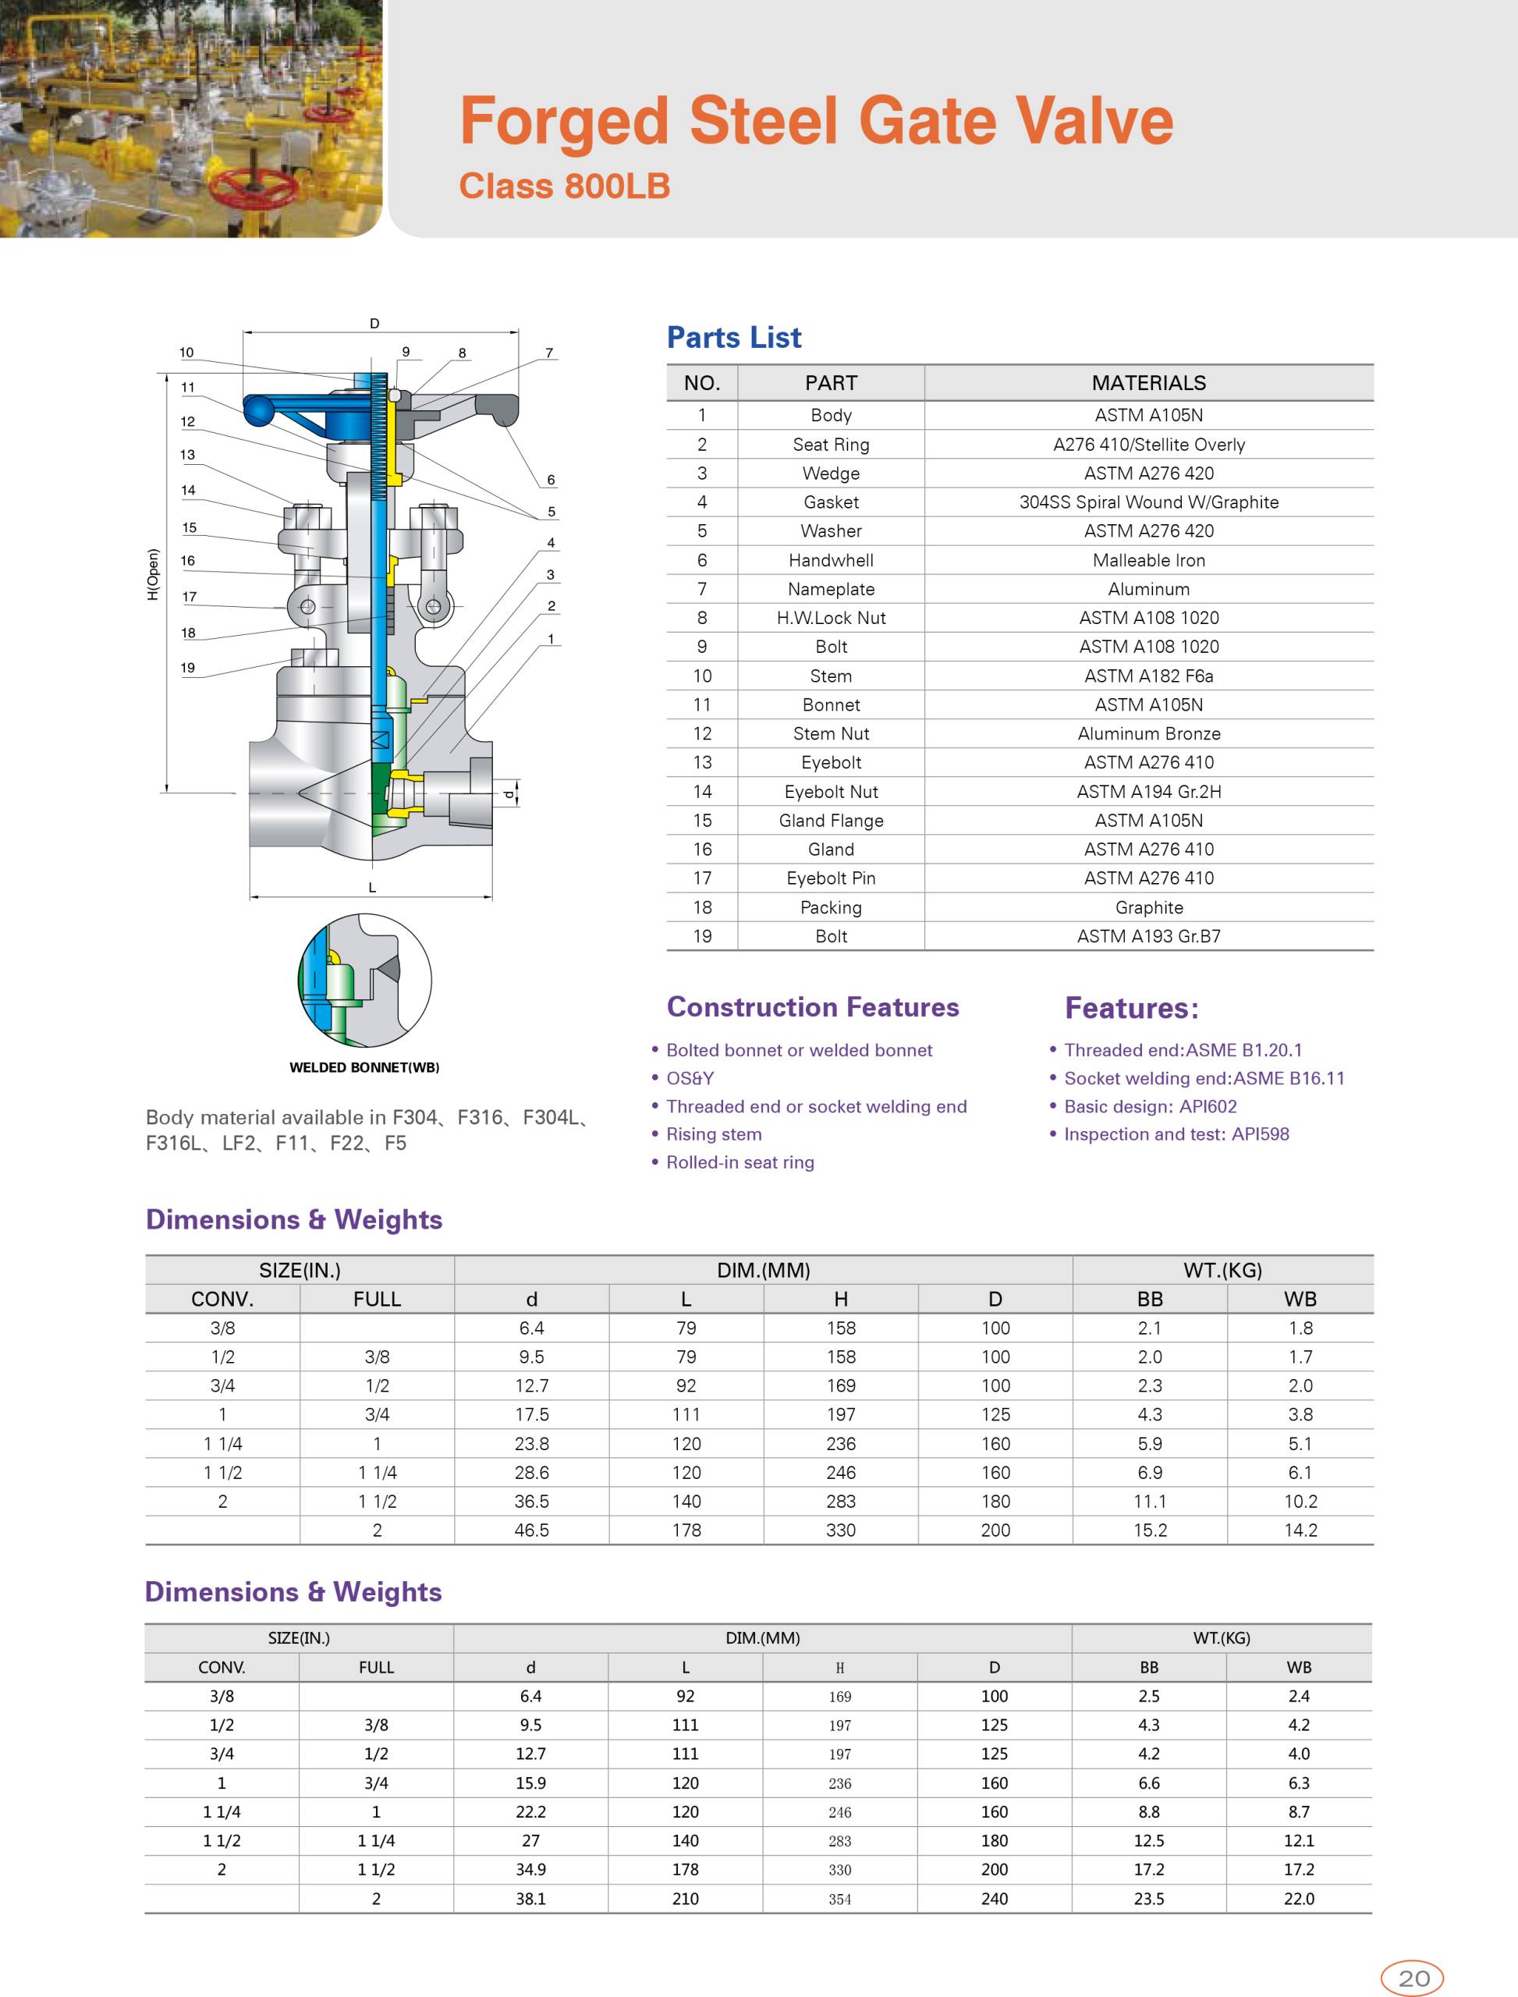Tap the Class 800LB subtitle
coord(564,186)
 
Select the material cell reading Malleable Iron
coord(1148,560)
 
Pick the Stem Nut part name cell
coord(831,734)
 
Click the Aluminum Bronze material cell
coord(1148,734)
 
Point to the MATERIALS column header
coord(1148,383)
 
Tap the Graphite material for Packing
coord(1148,907)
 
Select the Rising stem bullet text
coord(713,1134)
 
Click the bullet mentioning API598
coord(1176,1134)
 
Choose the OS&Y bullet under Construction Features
coord(690,1078)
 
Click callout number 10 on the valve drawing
coord(186,353)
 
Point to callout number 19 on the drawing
coord(187,668)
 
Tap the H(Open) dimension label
coord(153,575)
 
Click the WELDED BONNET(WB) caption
coord(364,1067)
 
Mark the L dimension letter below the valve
coord(372,888)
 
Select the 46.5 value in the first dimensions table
coord(531,1530)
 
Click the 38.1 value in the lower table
coord(530,1899)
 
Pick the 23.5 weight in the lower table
coord(1148,1899)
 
